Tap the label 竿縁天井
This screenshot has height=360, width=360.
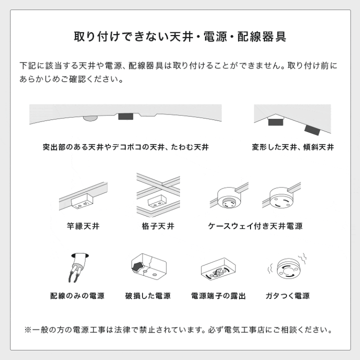83,226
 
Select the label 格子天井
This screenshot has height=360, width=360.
158,226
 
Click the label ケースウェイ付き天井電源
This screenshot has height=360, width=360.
255,226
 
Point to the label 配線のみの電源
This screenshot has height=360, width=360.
77,296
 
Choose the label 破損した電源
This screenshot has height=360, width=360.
148,296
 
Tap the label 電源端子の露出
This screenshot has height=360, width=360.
218,296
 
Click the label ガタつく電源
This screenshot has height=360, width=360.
287,296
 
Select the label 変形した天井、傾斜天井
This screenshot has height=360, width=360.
293,147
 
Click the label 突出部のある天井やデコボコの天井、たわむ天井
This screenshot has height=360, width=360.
126,147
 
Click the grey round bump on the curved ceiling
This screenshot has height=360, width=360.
90,118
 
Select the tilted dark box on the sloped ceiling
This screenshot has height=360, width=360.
312,129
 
